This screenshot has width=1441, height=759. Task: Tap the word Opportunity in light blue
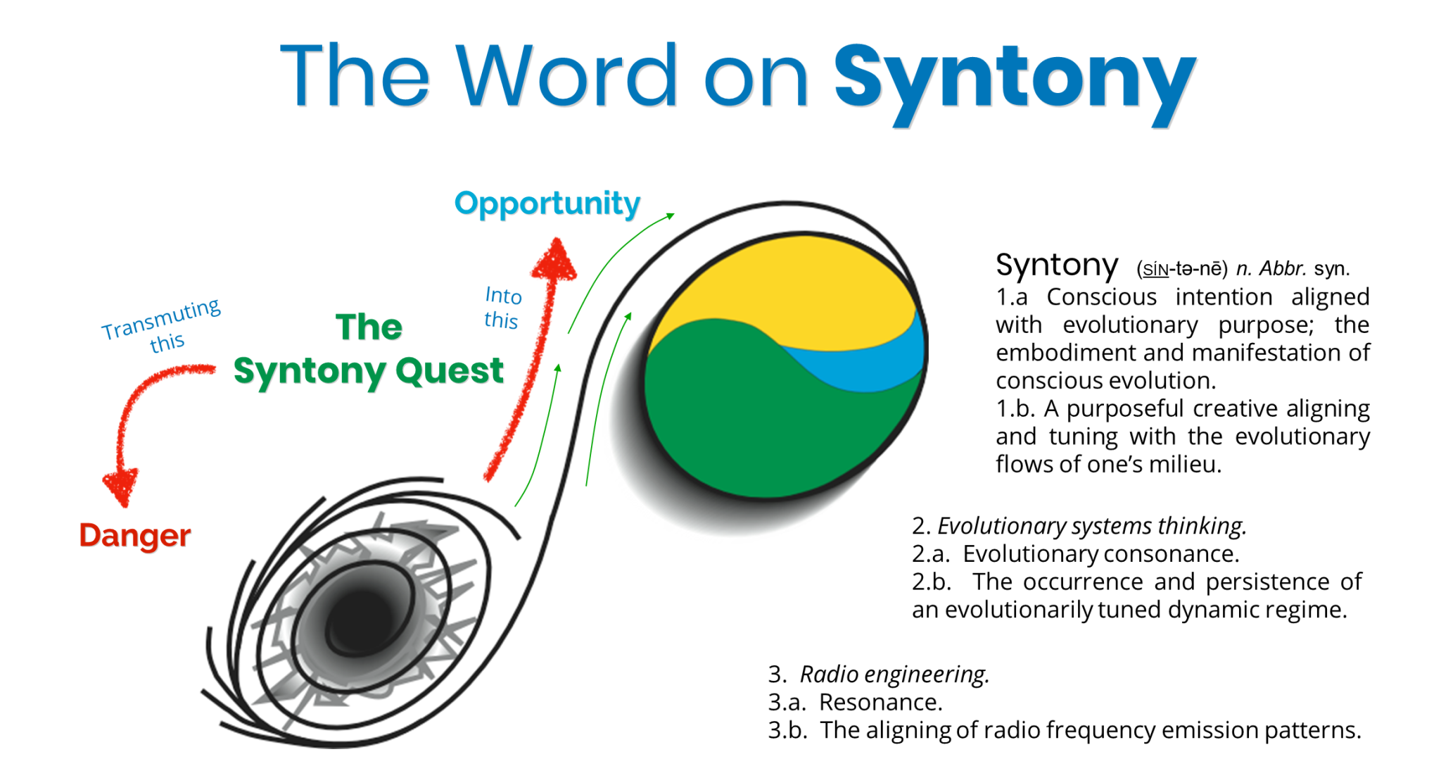547,203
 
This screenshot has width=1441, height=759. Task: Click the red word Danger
134,536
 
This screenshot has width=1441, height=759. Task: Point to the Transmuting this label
163,325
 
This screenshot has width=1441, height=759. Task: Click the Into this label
502,308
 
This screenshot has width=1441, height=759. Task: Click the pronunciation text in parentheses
1181,269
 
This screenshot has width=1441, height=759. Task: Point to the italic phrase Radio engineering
894,675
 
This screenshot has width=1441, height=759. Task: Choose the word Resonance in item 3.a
880,703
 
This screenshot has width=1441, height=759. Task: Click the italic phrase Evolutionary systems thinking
1091,526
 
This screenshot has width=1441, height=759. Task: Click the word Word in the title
567,76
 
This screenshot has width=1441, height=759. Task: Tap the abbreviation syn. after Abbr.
1331,269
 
